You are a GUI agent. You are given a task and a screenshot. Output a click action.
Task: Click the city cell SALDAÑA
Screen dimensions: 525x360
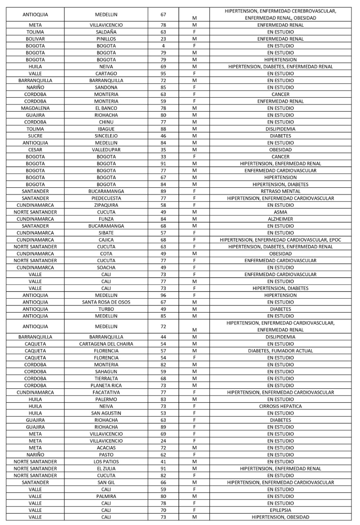(106, 32)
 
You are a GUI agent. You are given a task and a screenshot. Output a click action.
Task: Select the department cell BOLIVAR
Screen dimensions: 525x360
(35, 39)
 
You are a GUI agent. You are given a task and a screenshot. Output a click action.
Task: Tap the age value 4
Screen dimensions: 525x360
(163, 46)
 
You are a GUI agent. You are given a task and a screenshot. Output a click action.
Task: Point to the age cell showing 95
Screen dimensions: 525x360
(163, 73)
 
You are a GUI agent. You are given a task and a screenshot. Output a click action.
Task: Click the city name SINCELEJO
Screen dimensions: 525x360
(106, 136)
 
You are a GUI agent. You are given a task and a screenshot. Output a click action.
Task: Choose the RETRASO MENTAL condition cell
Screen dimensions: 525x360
(280, 191)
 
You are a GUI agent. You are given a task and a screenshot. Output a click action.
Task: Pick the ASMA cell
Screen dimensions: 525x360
(280, 212)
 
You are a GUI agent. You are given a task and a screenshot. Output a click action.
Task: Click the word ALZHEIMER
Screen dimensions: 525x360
(280, 219)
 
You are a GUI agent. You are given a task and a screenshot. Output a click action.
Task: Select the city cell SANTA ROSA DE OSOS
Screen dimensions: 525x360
(106, 302)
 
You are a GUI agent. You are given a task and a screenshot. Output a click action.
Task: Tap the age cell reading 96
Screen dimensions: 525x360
(163, 295)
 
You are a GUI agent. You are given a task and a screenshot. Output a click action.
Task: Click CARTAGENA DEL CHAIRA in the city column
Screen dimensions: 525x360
(106, 344)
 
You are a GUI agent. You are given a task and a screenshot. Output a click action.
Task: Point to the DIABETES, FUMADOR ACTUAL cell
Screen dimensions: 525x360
(280, 351)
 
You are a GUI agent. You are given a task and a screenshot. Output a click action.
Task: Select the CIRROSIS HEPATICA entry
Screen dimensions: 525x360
(280, 406)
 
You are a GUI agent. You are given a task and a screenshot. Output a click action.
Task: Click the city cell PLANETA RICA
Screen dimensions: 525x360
(106, 386)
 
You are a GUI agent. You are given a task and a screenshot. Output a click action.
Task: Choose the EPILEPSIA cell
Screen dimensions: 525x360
(280, 510)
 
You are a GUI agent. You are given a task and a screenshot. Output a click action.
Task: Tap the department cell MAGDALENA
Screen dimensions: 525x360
(35, 108)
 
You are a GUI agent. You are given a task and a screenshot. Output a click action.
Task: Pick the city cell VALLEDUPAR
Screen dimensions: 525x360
(106, 150)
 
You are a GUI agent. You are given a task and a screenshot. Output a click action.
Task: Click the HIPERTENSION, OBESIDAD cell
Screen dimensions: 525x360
(280, 517)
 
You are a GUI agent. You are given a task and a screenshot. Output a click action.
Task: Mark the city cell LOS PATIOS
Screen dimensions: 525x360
(106, 462)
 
